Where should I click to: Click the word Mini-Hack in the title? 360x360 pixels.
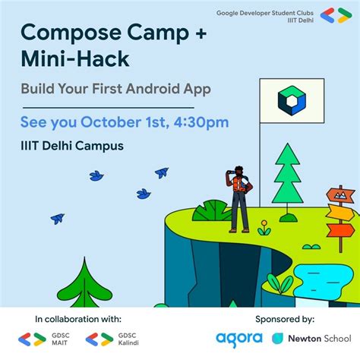(x=75, y=58)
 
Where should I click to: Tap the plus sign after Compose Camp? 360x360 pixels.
(x=201, y=33)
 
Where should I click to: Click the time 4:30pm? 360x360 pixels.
(x=201, y=122)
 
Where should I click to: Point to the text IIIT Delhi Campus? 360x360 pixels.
(x=72, y=146)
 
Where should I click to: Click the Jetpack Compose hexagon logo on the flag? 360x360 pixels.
(x=292, y=100)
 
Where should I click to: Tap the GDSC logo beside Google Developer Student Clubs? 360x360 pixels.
(x=336, y=15)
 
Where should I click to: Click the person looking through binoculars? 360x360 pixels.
(x=239, y=199)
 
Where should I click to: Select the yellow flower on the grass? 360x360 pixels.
(x=264, y=228)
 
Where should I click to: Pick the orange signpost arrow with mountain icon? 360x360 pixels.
(x=340, y=195)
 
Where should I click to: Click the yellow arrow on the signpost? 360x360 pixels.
(x=340, y=212)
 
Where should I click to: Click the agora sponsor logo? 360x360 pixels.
(x=239, y=339)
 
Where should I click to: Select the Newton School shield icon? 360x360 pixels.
(x=277, y=339)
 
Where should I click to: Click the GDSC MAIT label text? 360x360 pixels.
(x=60, y=339)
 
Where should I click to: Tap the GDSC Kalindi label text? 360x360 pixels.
(x=128, y=339)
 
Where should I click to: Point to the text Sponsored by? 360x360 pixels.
(x=285, y=320)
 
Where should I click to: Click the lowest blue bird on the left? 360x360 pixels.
(x=58, y=219)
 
